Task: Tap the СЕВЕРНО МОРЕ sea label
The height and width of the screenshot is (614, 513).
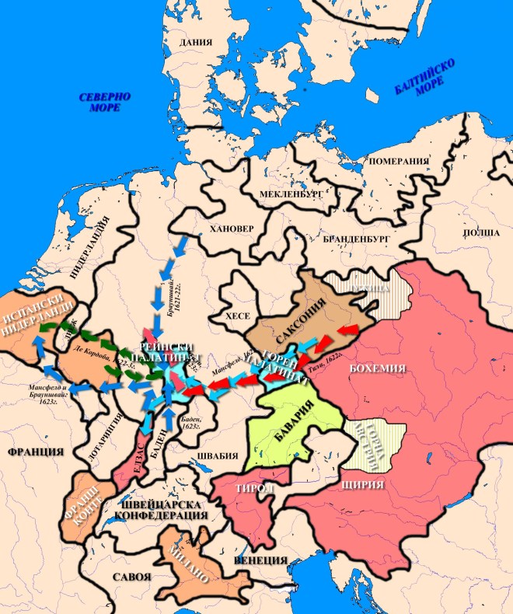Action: coord(104,102)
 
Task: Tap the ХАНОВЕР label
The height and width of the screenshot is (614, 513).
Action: coord(226,230)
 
